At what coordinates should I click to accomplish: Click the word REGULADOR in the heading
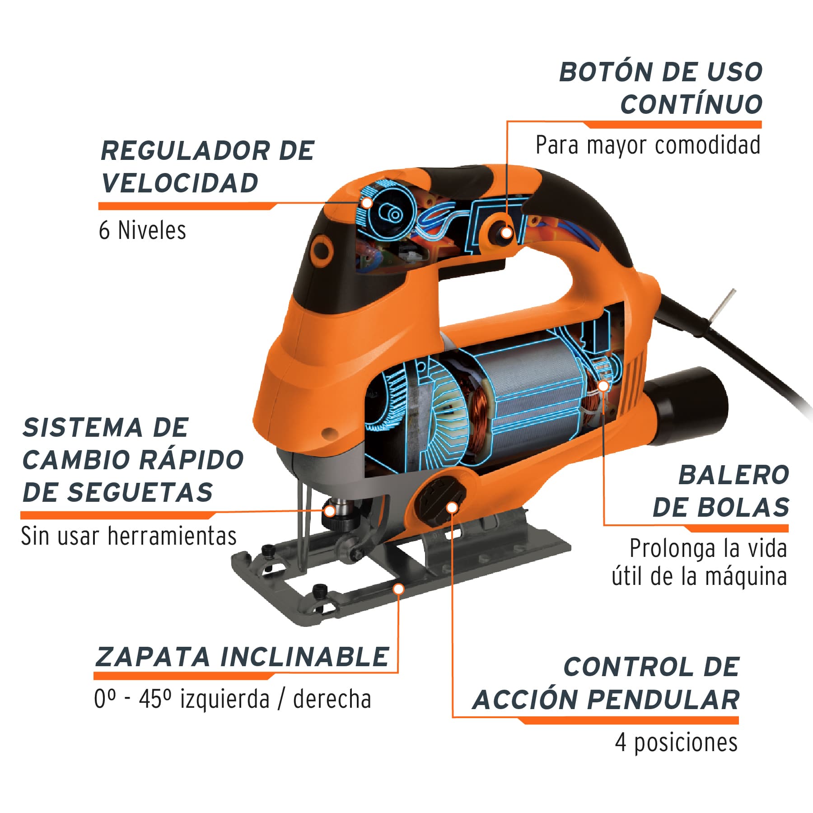point(184,151)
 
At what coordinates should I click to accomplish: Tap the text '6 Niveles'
point(142,230)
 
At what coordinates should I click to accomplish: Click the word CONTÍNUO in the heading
point(691,104)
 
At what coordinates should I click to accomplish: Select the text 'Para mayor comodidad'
point(648,145)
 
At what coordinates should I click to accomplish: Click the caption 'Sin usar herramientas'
point(129,536)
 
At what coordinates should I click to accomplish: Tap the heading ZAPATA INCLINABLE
point(242,657)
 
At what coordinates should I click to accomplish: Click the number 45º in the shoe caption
point(155,699)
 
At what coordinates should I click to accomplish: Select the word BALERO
point(734,475)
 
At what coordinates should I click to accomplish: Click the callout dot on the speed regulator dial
point(367,202)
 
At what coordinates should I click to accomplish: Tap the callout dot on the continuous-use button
point(507,232)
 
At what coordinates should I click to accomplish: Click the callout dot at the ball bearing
point(603,386)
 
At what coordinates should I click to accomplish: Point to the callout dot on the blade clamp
point(330,511)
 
